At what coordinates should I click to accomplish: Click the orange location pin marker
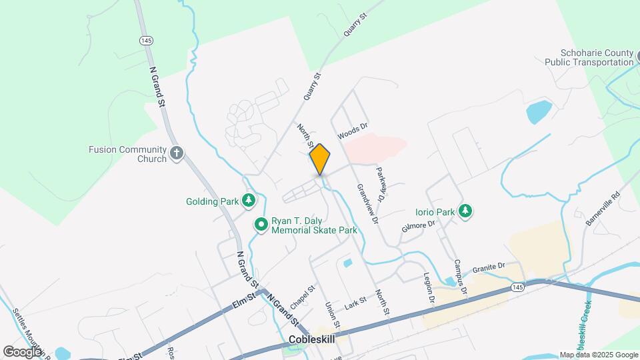[320, 159]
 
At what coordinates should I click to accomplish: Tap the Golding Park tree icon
[249, 200]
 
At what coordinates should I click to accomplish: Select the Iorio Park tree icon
[465, 212]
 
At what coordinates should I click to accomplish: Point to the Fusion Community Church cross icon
[176, 154]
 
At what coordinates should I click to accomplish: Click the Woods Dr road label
[353, 131]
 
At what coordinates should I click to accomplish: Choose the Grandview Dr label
[367, 204]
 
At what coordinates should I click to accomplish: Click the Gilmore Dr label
[418, 225]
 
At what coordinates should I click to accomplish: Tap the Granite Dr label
[489, 267]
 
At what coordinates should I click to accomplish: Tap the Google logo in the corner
[22, 351]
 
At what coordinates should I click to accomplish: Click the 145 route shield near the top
[146, 41]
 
